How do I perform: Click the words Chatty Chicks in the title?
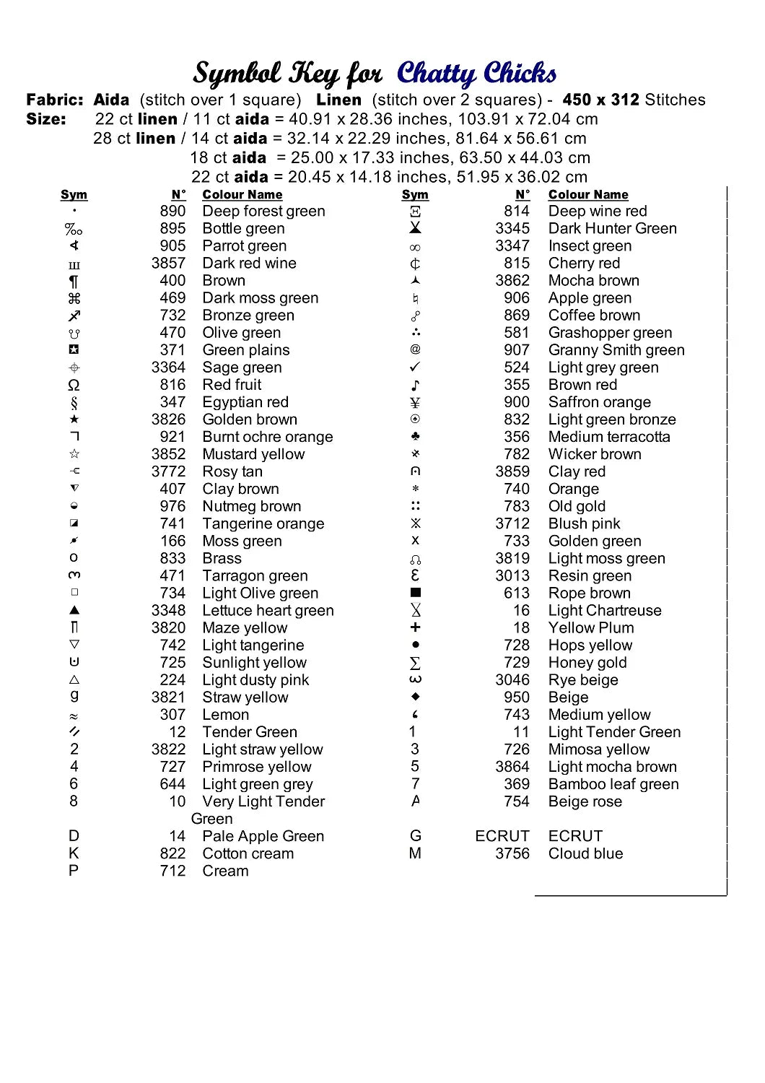(x=476, y=74)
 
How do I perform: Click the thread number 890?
(x=172, y=211)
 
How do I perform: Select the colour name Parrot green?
(x=244, y=245)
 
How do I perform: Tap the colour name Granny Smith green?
(x=616, y=350)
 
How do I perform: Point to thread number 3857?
(x=168, y=264)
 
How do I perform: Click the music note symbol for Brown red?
(x=415, y=385)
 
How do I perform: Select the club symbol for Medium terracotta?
(x=415, y=437)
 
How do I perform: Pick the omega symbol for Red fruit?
(x=74, y=385)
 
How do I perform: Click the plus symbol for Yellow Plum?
(x=415, y=627)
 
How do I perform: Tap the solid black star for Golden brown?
(x=74, y=419)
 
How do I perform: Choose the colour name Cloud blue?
(x=585, y=853)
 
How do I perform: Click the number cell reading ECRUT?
(x=502, y=836)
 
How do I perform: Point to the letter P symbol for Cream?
(x=74, y=871)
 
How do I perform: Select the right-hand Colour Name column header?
(x=588, y=195)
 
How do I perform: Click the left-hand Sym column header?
(x=74, y=195)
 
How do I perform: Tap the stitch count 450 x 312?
(x=600, y=100)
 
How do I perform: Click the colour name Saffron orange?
(x=599, y=402)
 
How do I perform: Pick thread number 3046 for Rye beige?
(x=512, y=680)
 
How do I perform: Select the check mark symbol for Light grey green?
(x=415, y=367)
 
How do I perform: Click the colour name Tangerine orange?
(x=263, y=523)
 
